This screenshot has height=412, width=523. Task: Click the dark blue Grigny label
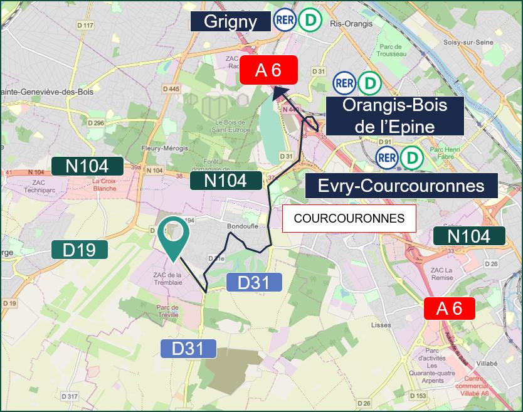click(231, 22)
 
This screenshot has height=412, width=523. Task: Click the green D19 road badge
click(80, 250)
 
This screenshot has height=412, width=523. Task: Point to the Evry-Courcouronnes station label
click(401, 186)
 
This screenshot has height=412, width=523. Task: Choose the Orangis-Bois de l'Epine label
click(394, 115)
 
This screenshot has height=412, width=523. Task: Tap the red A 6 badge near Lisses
click(449, 309)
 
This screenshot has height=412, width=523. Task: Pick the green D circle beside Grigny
click(309, 21)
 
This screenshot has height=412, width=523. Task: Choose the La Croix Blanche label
click(104, 184)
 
